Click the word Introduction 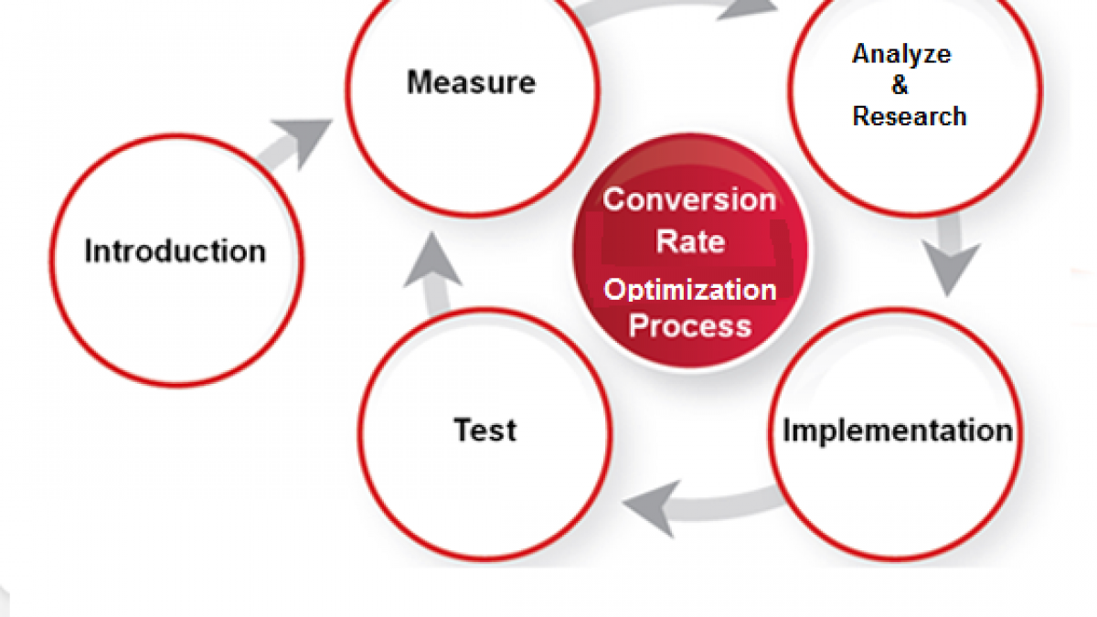[176, 250]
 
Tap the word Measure [471, 81]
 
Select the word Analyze [901, 54]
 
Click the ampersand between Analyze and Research [900, 85]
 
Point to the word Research [910, 116]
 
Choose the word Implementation [898, 431]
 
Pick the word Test [485, 430]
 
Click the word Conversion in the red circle [689, 199]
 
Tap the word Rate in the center [690, 241]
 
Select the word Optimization [690, 290]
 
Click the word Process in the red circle [690, 325]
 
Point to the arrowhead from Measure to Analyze [747, 9]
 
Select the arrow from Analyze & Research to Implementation [951, 256]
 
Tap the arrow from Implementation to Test [700, 507]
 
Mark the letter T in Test [464, 430]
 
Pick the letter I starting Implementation [787, 430]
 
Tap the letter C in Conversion [614, 199]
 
